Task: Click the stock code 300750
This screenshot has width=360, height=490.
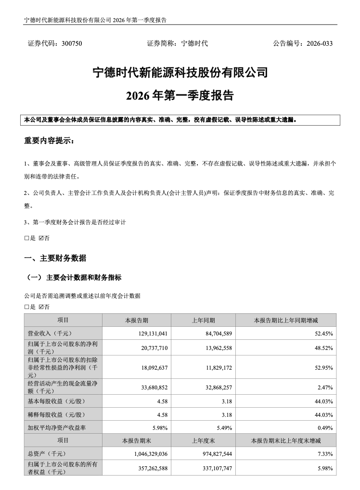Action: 72,43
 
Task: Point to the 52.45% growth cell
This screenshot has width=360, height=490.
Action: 323,333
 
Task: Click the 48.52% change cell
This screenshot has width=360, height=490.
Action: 323,347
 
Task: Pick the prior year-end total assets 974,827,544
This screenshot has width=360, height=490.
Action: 212,453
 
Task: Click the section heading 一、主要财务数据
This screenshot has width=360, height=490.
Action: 55,258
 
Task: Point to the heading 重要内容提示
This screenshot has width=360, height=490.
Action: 49,141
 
